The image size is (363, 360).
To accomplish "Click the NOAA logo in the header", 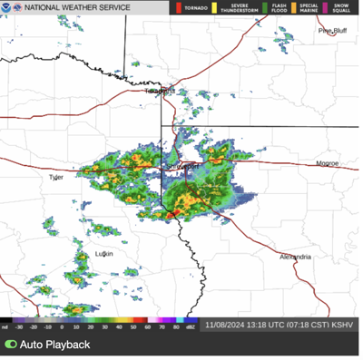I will [7, 7].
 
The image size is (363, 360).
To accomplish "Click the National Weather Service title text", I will [76, 7].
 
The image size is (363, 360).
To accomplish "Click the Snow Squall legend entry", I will [340, 7].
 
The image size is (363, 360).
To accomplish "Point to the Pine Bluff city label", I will [332, 30].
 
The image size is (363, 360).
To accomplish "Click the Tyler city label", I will [56, 178].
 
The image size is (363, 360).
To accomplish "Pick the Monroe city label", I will [327, 163].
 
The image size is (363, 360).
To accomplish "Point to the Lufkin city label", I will [104, 254].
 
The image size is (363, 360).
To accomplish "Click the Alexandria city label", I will [296, 257].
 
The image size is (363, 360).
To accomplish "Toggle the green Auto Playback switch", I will [11, 345].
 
